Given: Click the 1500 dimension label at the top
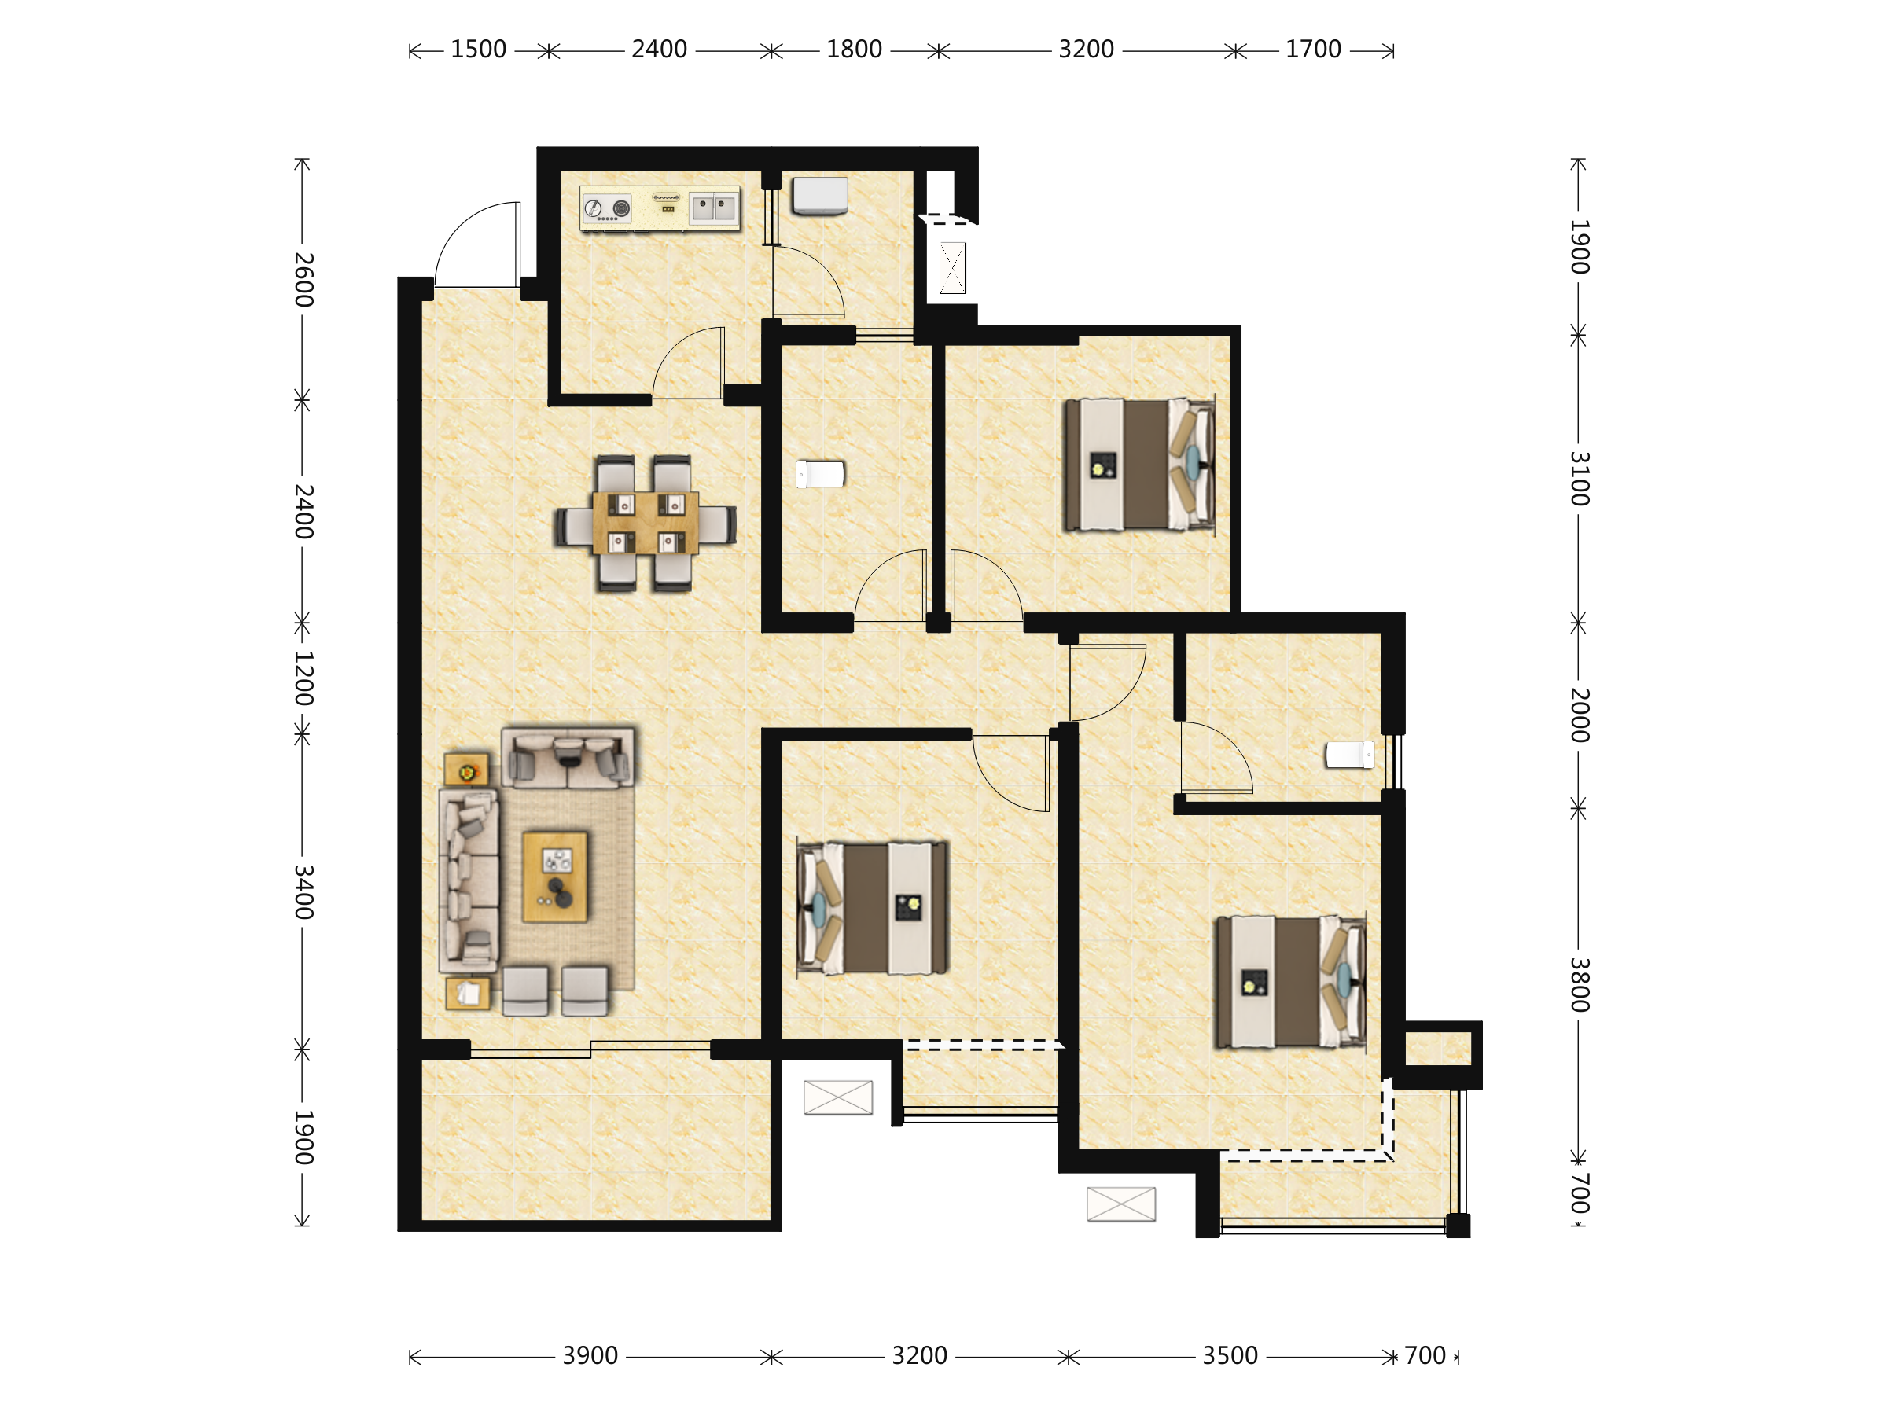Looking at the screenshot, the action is pyautogui.click(x=479, y=50).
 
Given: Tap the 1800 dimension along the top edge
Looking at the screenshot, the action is pyautogui.click(x=854, y=50).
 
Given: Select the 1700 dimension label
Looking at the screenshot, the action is pyautogui.click(x=1314, y=50).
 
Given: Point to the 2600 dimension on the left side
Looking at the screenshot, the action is pyautogui.click(x=303, y=280).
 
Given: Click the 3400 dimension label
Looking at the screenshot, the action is pyautogui.click(x=303, y=892).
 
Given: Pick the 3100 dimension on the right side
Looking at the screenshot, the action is pyautogui.click(x=1580, y=479).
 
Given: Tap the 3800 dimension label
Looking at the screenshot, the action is pyautogui.click(x=1580, y=985).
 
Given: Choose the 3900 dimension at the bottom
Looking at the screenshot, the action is pyautogui.click(x=590, y=1355).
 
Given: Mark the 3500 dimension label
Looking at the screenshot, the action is pyautogui.click(x=1230, y=1355).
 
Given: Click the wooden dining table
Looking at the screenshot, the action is pyautogui.click(x=646, y=523).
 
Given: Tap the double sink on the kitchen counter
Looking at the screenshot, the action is pyautogui.click(x=713, y=208).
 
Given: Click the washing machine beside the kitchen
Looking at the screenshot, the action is pyautogui.click(x=820, y=195).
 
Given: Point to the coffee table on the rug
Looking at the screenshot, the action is pyautogui.click(x=555, y=877).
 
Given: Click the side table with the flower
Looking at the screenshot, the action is pyautogui.click(x=466, y=770).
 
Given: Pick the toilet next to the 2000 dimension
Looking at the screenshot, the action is pyautogui.click(x=1349, y=755).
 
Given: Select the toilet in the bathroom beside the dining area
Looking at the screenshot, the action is pyautogui.click(x=820, y=474).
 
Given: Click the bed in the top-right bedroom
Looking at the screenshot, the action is pyautogui.click(x=1138, y=465).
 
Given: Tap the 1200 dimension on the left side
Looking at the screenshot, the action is pyautogui.click(x=303, y=678).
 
